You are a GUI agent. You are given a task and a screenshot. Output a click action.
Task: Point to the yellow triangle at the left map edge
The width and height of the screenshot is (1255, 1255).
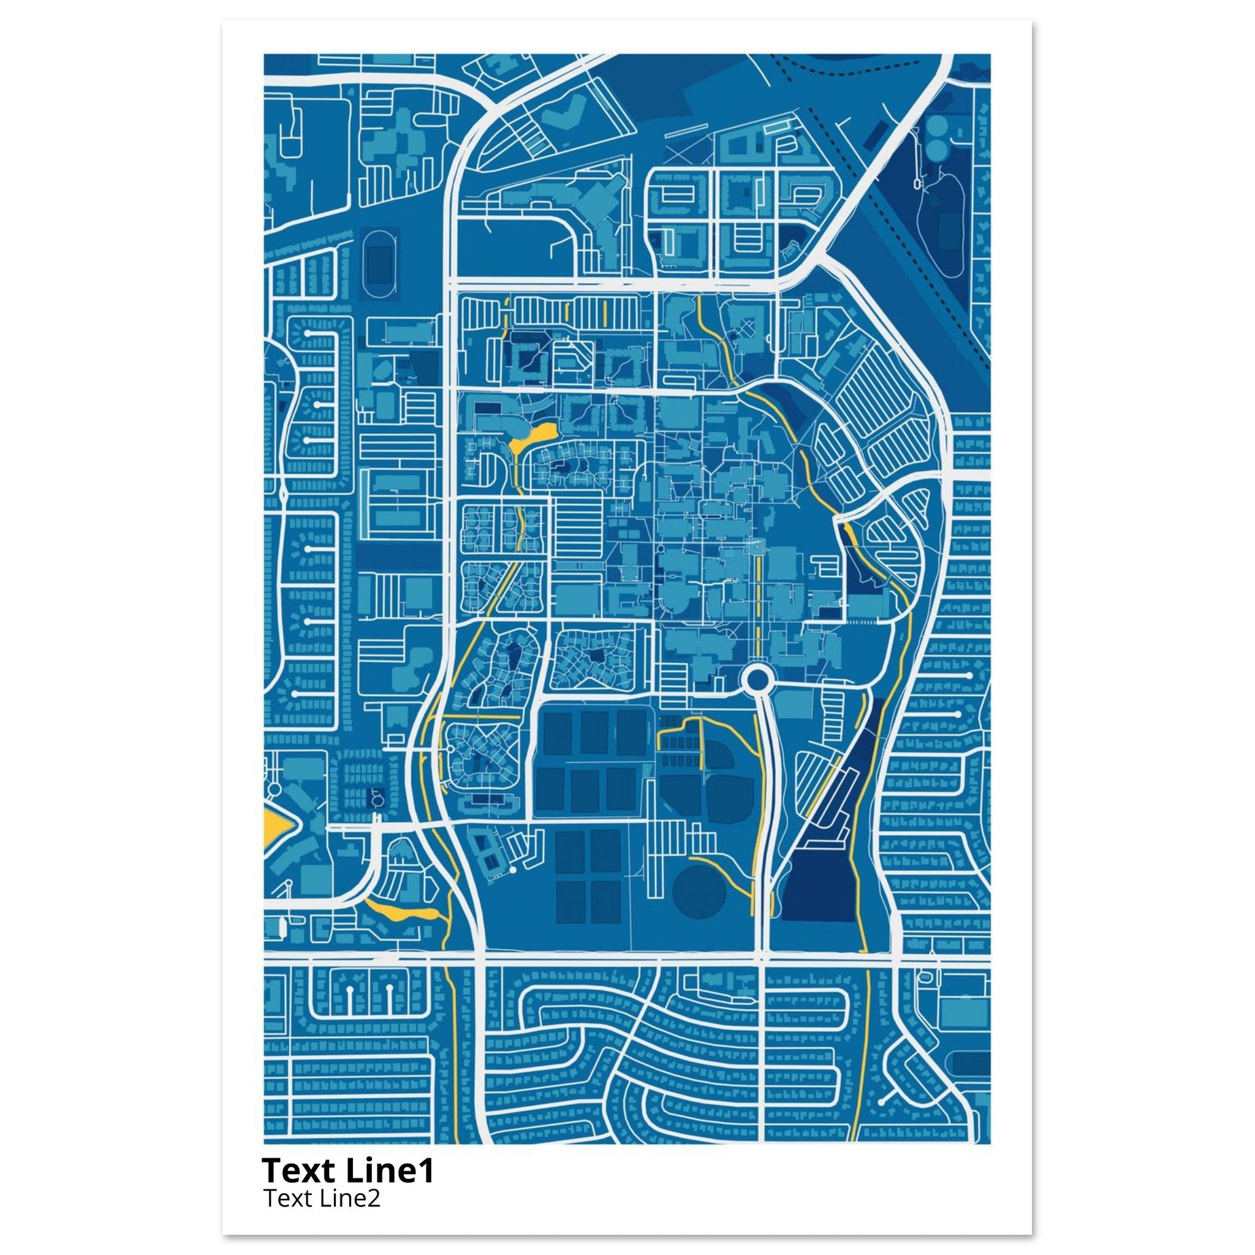275,828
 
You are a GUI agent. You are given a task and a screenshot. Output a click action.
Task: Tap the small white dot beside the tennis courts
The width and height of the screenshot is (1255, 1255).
512,869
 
